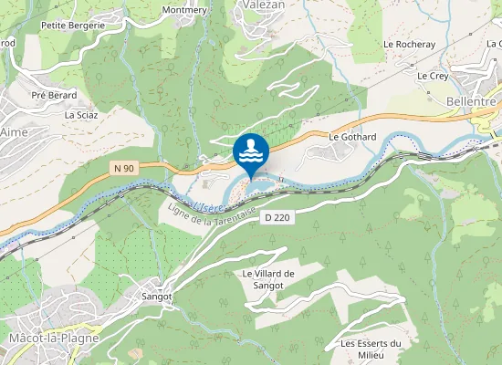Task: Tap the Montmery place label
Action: [x=184, y=10]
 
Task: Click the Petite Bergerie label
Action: [x=74, y=26]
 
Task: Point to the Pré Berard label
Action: [x=53, y=95]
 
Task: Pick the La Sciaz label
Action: [x=81, y=116]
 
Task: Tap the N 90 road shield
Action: [x=124, y=167]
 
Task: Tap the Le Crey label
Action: [x=433, y=77]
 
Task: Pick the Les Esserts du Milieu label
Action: [x=371, y=349]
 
